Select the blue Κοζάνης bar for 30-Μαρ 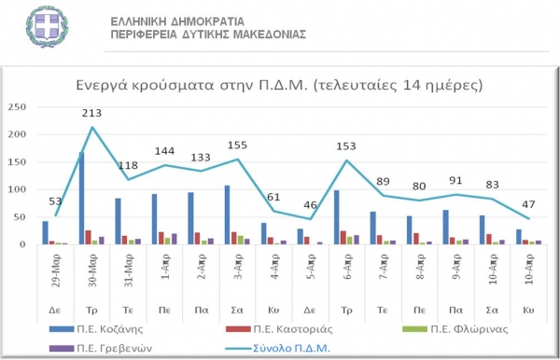coord(81,198)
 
